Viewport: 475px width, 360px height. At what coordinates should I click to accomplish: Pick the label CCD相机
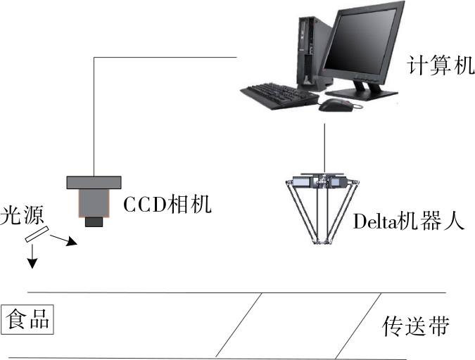tap(167, 205)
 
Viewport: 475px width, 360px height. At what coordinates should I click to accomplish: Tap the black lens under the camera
tap(94, 222)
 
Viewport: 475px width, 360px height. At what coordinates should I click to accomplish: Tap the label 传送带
tap(415, 326)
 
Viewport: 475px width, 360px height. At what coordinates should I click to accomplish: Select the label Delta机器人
tap(407, 222)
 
